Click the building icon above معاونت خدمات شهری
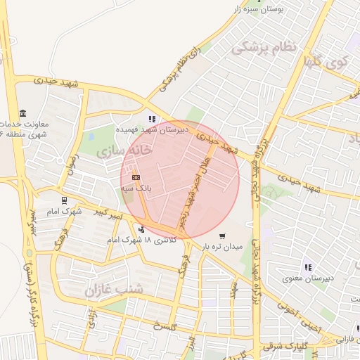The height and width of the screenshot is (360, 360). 23,114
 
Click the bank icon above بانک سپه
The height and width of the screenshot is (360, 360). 136,177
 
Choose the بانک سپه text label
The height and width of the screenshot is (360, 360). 141,188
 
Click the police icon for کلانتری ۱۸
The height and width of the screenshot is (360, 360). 141,229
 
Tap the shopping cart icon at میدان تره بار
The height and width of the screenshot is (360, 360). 222,236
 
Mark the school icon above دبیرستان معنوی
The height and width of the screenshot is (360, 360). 307,266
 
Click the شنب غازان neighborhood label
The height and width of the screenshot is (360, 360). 114,289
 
